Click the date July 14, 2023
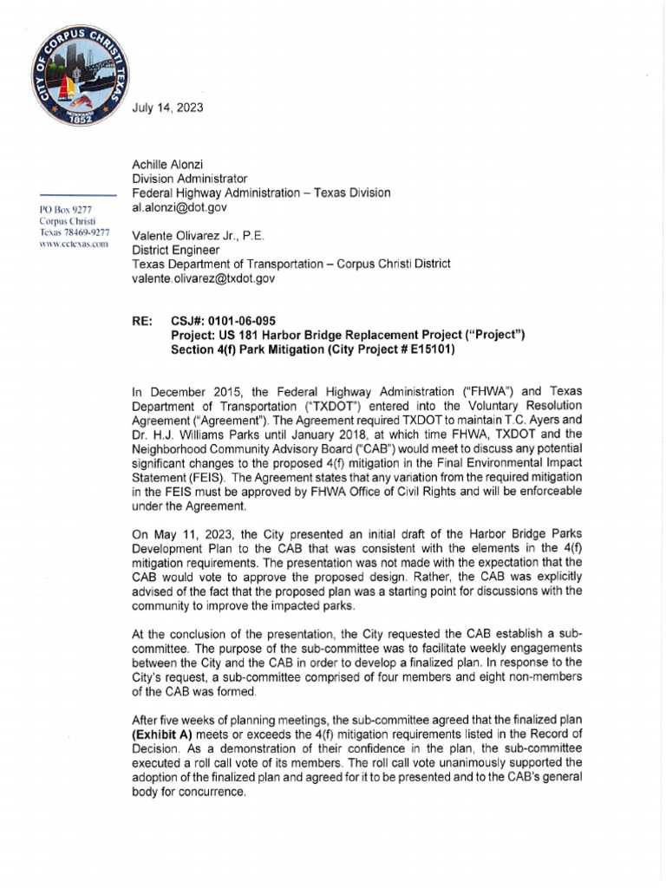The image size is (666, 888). (168, 108)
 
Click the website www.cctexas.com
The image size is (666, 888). (73, 245)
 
